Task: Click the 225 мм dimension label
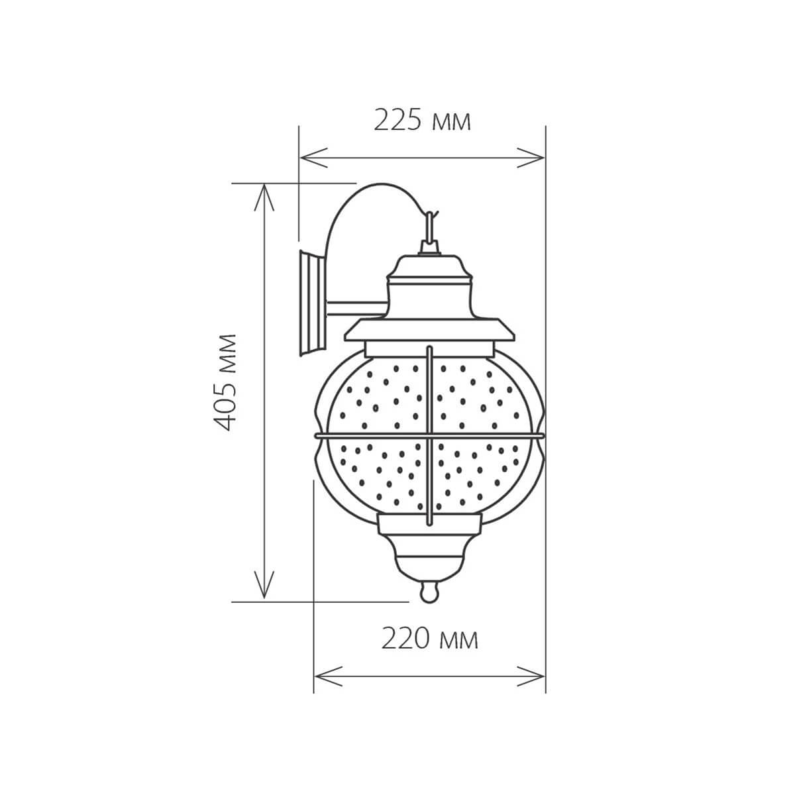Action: point(422,121)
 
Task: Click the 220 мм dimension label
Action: point(429,639)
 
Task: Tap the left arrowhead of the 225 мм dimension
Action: point(306,158)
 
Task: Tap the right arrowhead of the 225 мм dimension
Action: point(539,158)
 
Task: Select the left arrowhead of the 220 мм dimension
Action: point(320,676)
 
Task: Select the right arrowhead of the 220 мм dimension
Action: point(539,676)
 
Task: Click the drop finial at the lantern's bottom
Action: point(430,592)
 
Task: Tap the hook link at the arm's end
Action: point(431,225)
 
